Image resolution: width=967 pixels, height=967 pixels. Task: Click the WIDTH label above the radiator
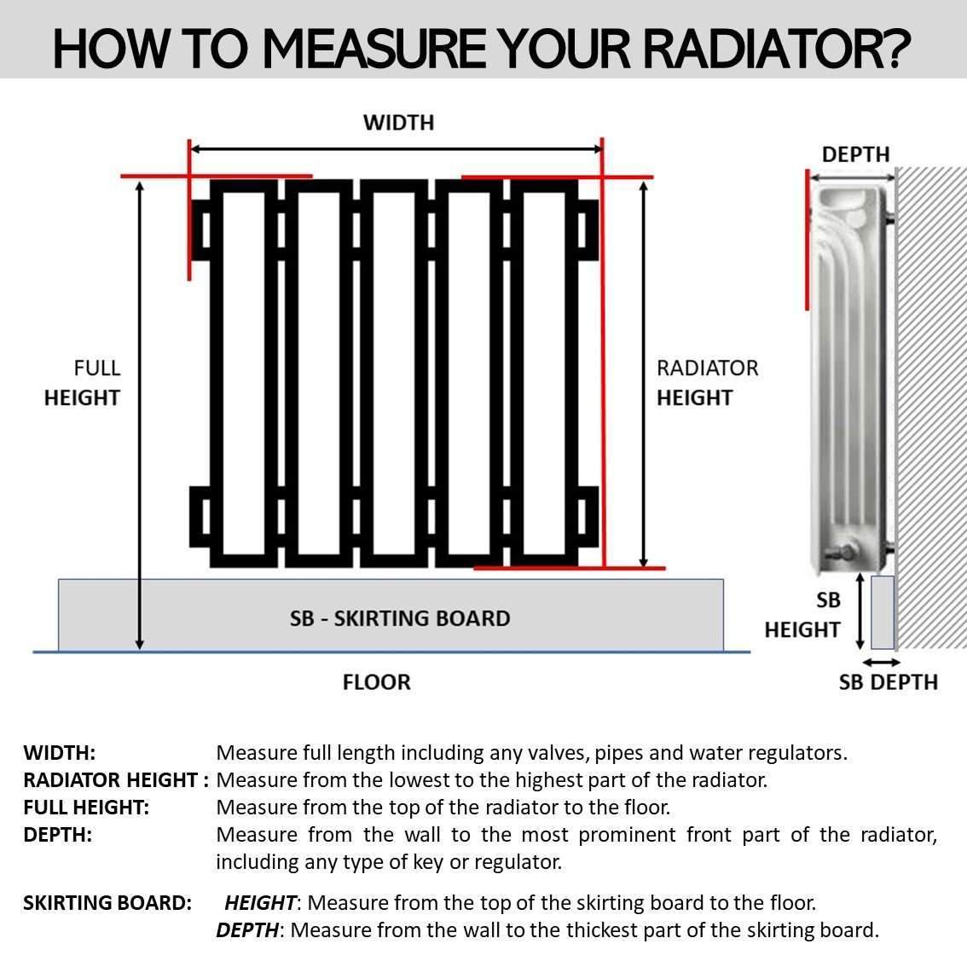(x=398, y=123)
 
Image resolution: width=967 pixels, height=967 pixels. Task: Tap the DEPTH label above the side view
(x=855, y=154)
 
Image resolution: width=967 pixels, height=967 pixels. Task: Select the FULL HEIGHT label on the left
(x=82, y=383)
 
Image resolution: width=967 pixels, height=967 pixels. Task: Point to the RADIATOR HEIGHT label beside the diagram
(x=707, y=383)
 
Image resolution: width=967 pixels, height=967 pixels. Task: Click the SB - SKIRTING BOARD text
(x=400, y=618)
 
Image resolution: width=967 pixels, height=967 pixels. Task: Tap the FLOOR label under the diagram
(x=376, y=682)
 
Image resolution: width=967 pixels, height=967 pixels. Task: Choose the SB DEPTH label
(x=888, y=682)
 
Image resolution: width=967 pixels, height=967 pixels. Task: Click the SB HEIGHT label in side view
(x=802, y=615)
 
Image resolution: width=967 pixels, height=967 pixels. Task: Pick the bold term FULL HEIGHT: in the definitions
(x=86, y=808)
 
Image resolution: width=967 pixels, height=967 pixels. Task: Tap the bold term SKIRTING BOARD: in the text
(x=107, y=902)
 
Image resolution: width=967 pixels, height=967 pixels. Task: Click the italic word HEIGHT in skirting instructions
(x=260, y=902)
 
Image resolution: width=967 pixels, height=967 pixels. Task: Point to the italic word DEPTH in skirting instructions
(x=247, y=929)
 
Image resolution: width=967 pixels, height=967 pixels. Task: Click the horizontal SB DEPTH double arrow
(x=881, y=663)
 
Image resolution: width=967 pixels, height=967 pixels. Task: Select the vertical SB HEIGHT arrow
(x=860, y=612)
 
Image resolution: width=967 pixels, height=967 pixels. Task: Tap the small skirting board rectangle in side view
(x=882, y=611)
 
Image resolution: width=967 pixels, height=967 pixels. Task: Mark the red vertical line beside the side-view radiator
(x=806, y=240)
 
